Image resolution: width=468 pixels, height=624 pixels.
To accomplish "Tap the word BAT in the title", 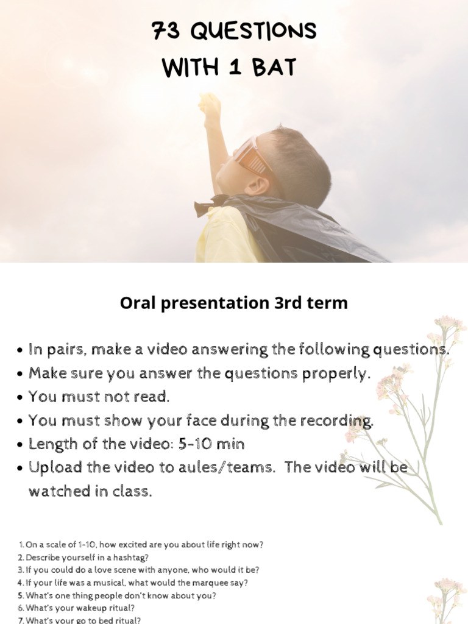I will click(x=273, y=68).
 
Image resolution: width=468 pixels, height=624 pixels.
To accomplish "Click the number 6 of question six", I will click(x=20, y=608).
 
